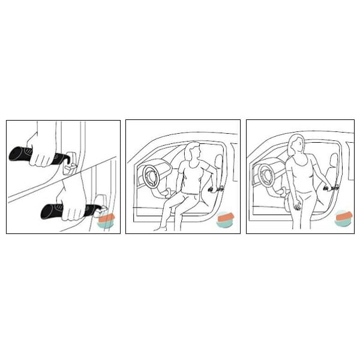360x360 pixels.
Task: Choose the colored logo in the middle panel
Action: click(226, 219)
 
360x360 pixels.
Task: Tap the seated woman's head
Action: click(192, 151)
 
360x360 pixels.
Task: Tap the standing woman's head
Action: click(296, 144)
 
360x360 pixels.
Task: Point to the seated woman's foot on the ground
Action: click(160, 229)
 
